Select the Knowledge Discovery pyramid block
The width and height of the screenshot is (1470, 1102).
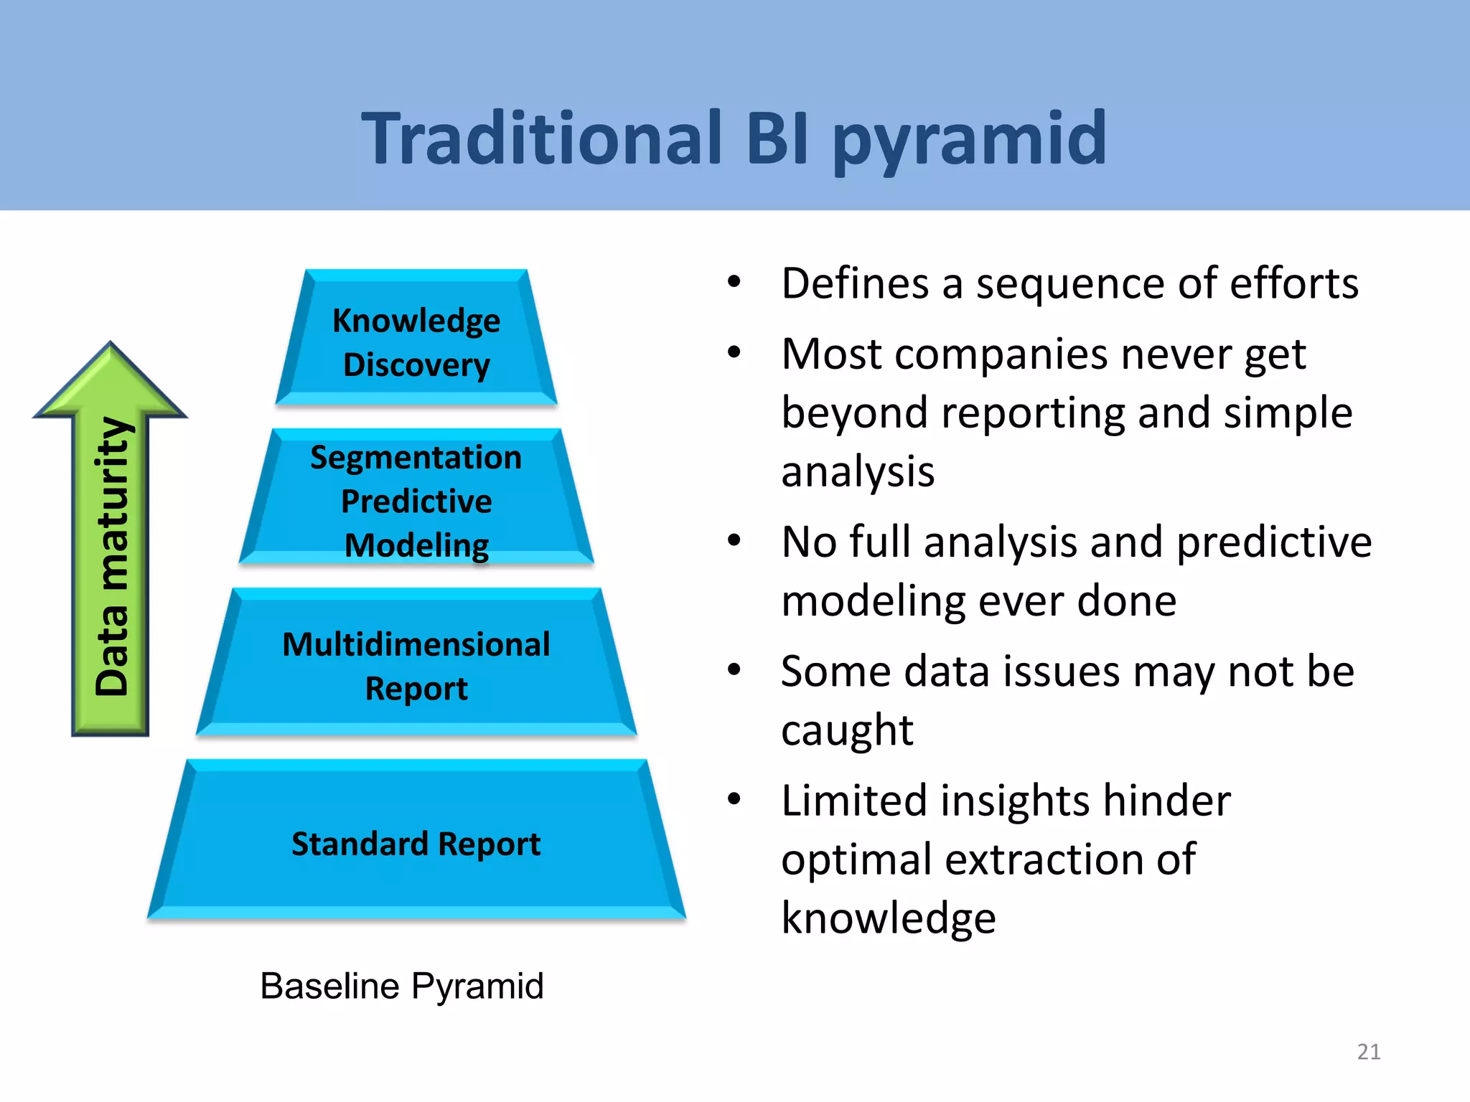(416, 337)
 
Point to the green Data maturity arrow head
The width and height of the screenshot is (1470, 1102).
(111, 380)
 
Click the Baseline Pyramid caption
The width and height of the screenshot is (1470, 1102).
(402, 986)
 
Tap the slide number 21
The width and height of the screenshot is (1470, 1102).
(1369, 1052)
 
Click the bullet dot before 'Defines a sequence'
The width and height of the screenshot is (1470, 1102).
(734, 282)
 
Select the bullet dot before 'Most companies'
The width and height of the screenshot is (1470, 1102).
(734, 352)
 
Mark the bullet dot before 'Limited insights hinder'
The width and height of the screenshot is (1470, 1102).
(734, 799)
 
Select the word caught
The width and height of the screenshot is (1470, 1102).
(847, 731)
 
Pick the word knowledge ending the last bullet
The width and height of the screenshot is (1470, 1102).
(889, 918)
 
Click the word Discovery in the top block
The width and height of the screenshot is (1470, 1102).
(416, 364)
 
